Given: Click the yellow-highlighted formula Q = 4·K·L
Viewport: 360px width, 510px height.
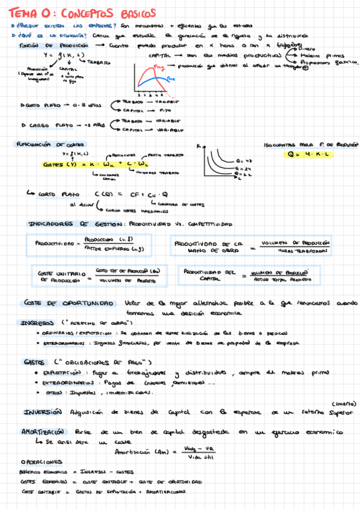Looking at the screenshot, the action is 311,155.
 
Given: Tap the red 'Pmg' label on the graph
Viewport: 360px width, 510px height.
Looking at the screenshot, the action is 159,67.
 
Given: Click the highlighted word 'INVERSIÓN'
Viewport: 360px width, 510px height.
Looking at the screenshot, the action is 43,412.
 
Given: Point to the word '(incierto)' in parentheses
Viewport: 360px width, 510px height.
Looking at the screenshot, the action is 343,404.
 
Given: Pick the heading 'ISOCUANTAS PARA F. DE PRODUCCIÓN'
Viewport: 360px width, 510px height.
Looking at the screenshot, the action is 311,145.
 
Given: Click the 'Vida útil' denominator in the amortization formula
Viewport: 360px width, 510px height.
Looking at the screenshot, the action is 200,458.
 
